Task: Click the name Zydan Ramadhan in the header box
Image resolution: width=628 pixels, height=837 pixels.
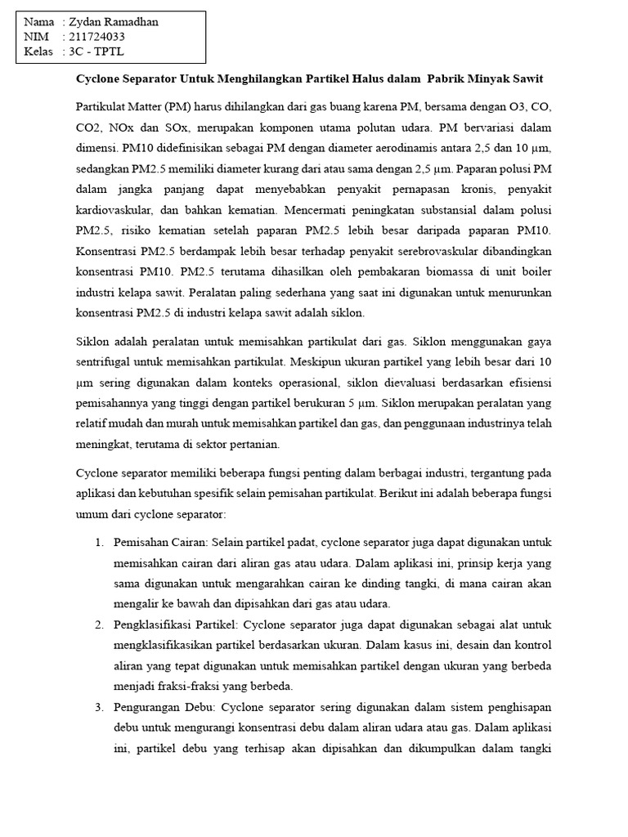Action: [114, 23]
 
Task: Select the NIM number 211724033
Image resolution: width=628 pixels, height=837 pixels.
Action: [97, 37]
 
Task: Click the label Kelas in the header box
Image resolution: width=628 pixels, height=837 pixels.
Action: [38, 51]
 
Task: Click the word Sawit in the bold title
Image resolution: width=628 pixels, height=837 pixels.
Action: [526, 79]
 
